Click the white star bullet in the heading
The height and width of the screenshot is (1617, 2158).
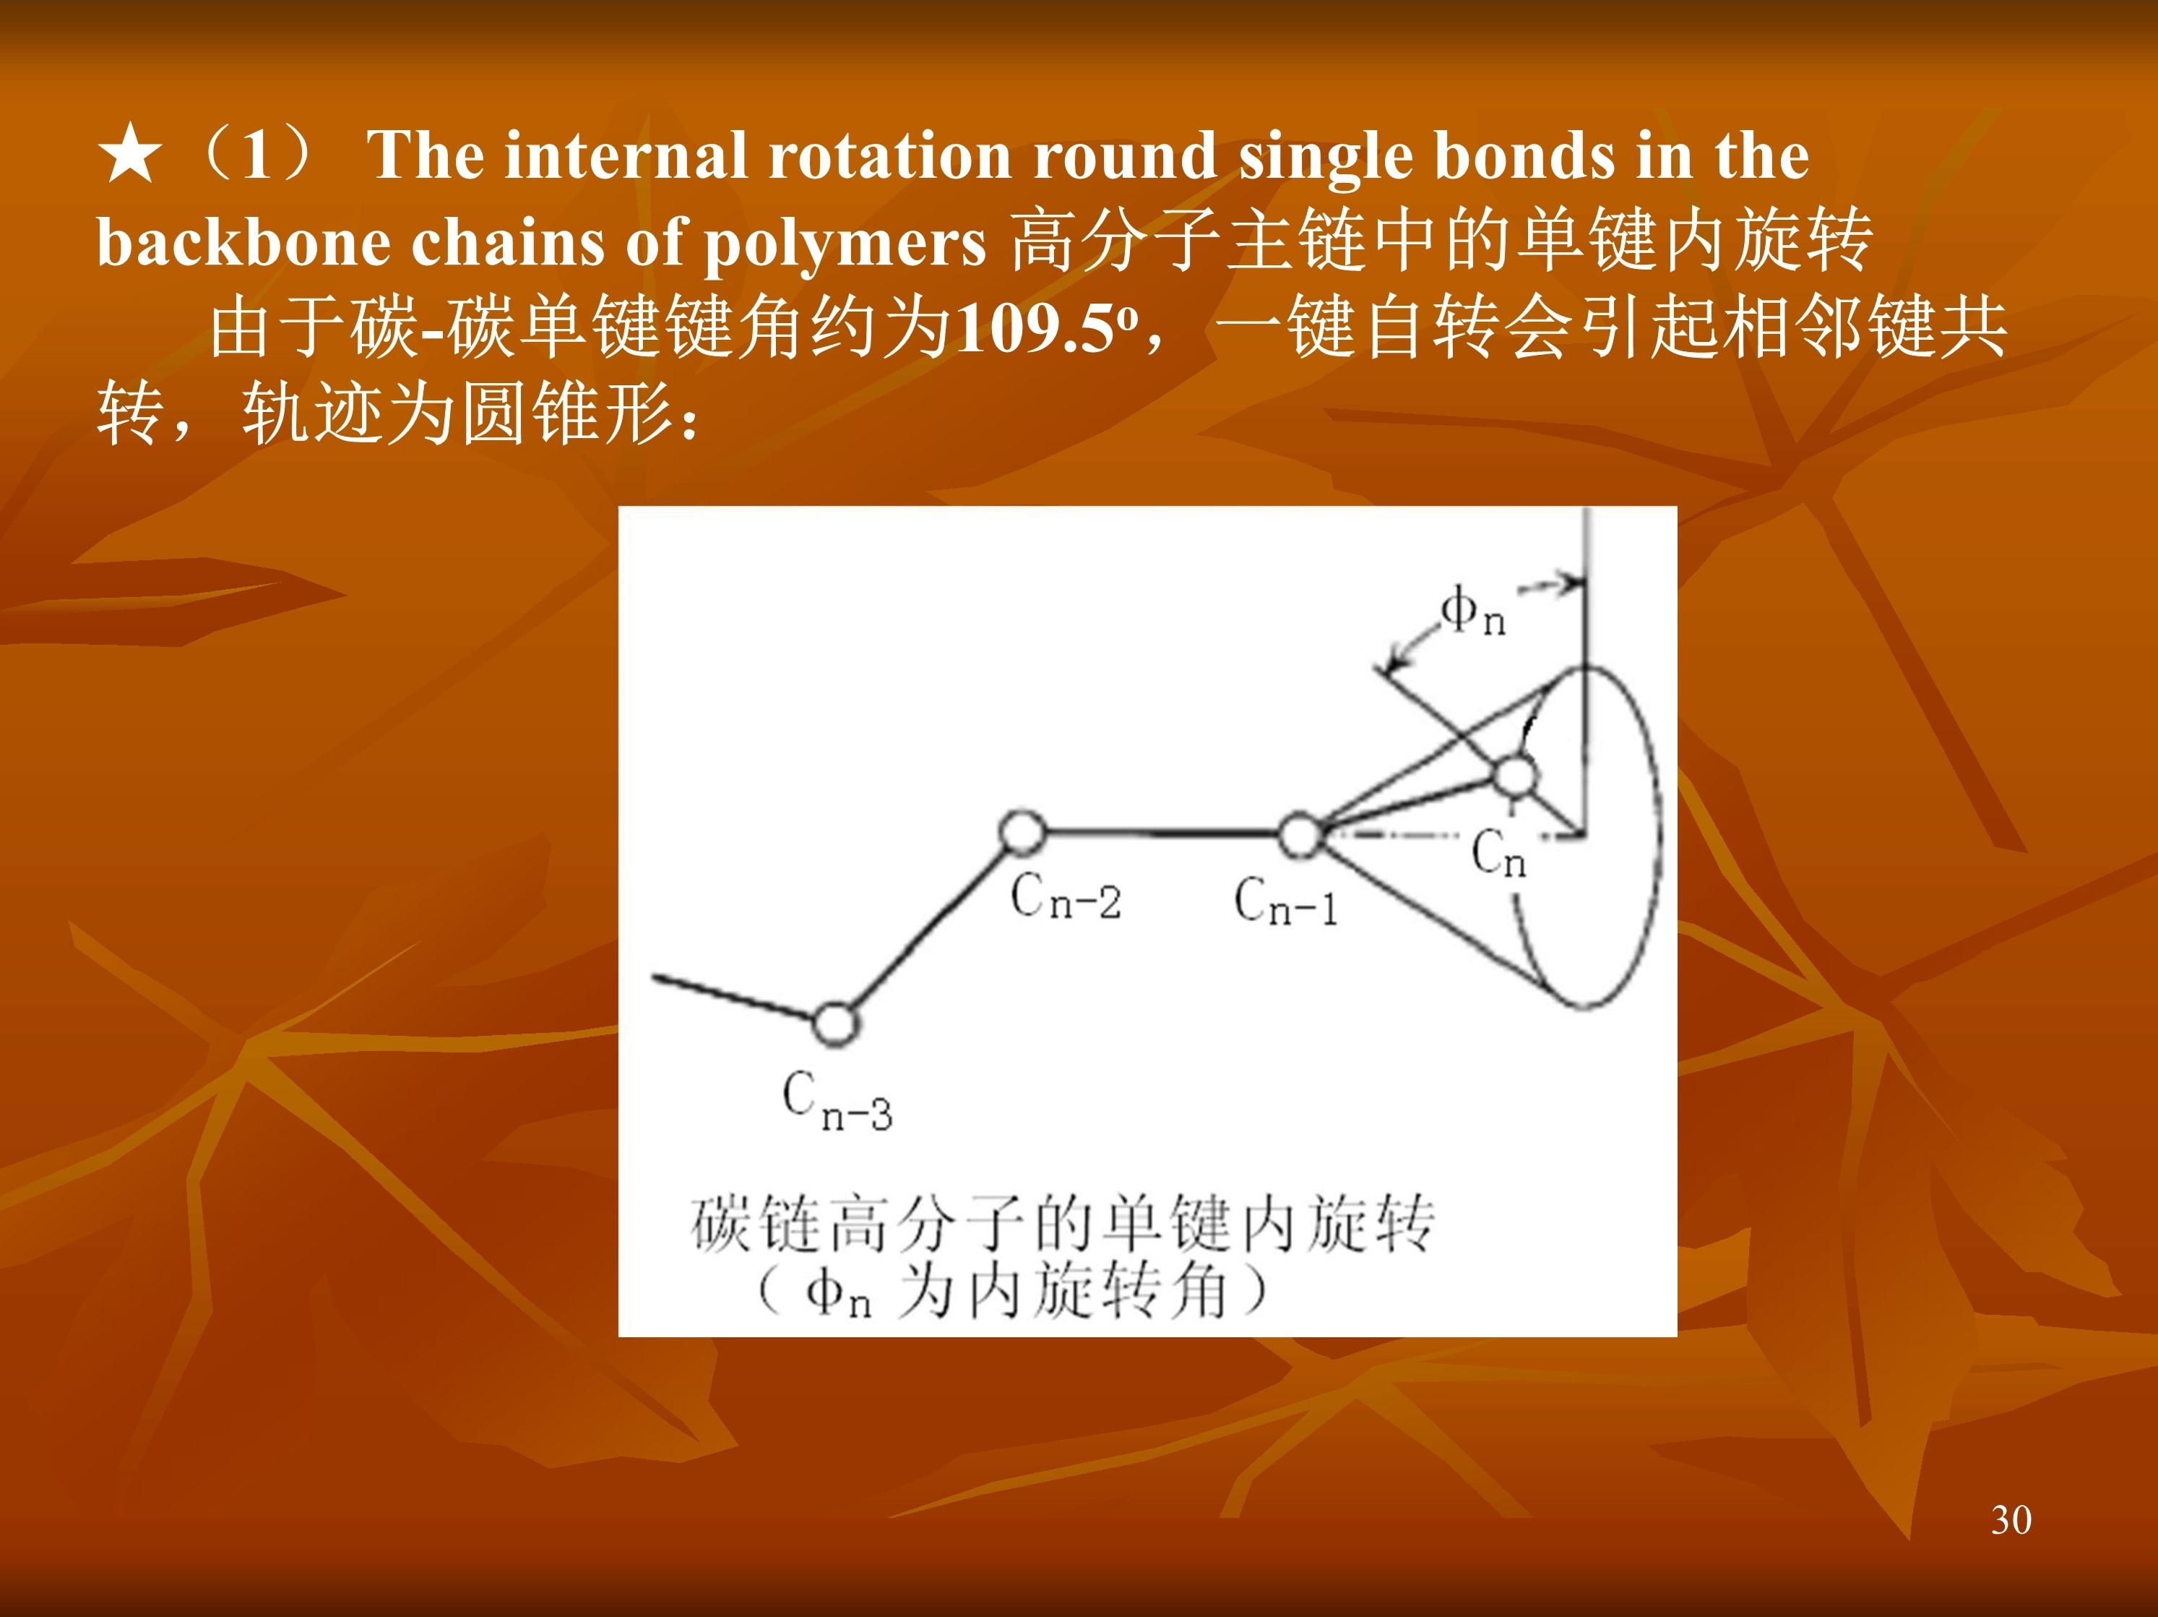click(130, 157)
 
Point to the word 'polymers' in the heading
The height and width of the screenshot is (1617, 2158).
click(845, 245)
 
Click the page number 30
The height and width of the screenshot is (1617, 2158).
click(2011, 1519)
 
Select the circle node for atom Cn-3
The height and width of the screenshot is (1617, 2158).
click(835, 1024)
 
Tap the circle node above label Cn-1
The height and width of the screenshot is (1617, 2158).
click(1300, 836)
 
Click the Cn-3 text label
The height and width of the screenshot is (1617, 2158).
click(837, 1103)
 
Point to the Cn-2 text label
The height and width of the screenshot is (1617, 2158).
click(1066, 898)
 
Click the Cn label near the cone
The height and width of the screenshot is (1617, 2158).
click(1498, 854)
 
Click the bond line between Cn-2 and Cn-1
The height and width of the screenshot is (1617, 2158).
click(1162, 833)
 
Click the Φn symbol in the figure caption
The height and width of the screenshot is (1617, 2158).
click(837, 1294)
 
